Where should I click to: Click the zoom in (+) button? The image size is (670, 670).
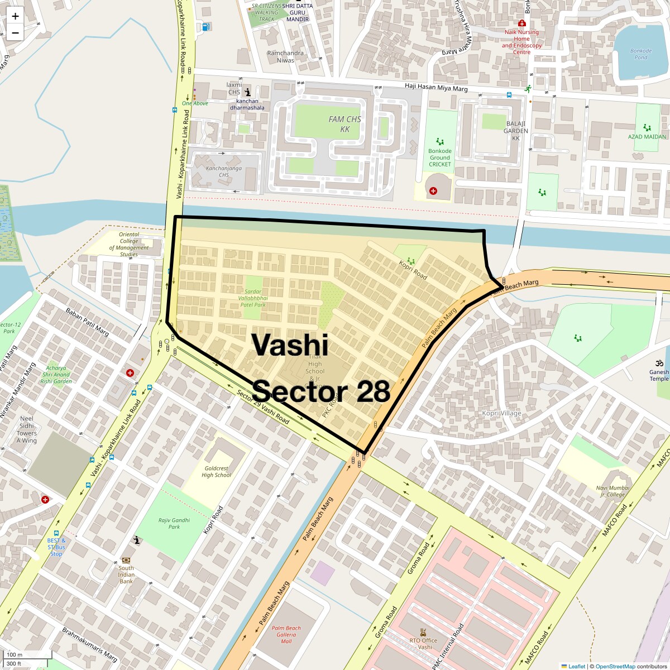click(x=15, y=16)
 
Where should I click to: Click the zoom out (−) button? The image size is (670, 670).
click(x=15, y=32)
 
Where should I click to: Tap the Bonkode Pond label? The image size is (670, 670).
click(x=640, y=54)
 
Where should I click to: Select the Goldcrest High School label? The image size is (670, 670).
click(x=216, y=471)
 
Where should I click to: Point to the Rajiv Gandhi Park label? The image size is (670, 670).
click(x=174, y=523)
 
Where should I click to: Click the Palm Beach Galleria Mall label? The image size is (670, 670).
click(x=286, y=634)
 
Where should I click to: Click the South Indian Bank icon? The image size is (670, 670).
click(x=126, y=560)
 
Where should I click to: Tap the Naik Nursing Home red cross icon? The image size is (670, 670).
click(x=521, y=23)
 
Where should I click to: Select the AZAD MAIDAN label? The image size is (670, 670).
click(x=647, y=136)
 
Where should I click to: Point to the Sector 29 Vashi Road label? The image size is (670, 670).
click(x=262, y=406)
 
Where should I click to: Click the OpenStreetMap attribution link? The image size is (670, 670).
click(x=615, y=666)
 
